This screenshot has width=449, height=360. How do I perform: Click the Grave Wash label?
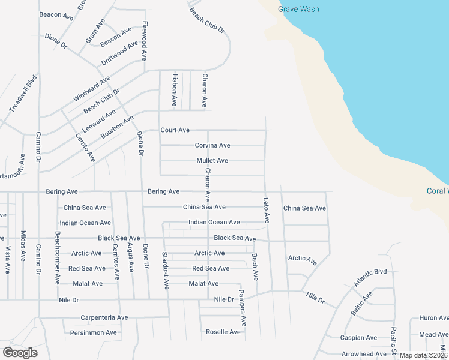pyautogui.click(x=298, y=9)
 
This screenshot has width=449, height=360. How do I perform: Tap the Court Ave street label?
pyautogui.click(x=175, y=130)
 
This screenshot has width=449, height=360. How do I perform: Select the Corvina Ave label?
pyautogui.click(x=212, y=145)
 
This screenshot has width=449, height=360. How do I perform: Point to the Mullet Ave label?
pyautogui.click(x=212, y=161)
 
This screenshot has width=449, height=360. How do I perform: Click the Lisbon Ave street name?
pyautogui.click(x=175, y=90)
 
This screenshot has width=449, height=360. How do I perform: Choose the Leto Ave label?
pyautogui.click(x=266, y=210)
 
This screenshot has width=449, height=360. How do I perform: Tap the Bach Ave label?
pyautogui.click(x=255, y=267)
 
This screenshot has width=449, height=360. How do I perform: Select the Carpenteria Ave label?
pyautogui.click(x=104, y=317)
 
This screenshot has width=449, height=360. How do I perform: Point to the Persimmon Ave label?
pyautogui.click(x=93, y=332)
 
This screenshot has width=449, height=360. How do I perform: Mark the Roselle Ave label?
pyautogui.click(x=223, y=332)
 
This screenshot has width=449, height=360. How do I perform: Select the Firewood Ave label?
pyautogui.click(x=144, y=41)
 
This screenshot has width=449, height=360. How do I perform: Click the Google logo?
pyautogui.click(x=20, y=353)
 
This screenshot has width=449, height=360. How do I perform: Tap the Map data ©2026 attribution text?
pyautogui.click(x=423, y=355)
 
